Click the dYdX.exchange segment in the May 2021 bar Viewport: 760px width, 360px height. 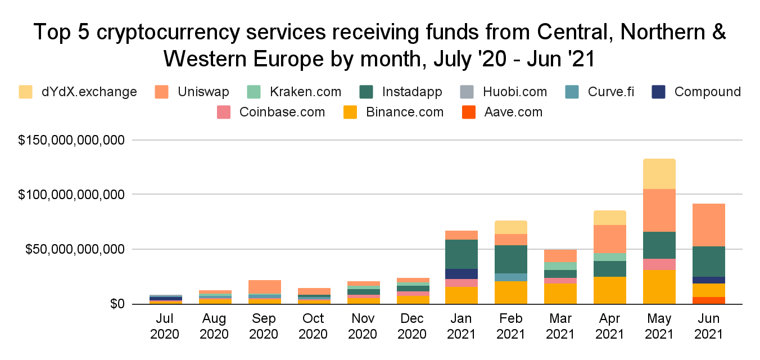(x=659, y=174)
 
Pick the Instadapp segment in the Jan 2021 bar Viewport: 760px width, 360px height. (x=462, y=254)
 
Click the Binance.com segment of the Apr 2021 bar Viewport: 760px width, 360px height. (x=610, y=290)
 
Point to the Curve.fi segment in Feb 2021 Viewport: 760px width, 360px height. (x=511, y=277)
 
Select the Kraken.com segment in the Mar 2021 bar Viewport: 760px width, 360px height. (x=560, y=266)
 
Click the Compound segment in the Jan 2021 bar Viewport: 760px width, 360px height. (x=462, y=274)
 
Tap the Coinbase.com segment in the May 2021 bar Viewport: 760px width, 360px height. (x=659, y=264)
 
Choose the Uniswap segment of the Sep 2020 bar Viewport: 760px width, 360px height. (x=264, y=287)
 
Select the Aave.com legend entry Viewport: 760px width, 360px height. (x=513, y=112)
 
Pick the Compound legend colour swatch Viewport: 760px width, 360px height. (x=658, y=92)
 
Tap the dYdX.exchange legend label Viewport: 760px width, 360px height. (x=88, y=92)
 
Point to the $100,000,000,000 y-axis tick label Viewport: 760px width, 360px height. (x=71, y=195)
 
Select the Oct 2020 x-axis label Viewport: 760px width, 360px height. (x=313, y=326)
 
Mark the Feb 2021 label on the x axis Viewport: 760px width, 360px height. (x=511, y=326)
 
